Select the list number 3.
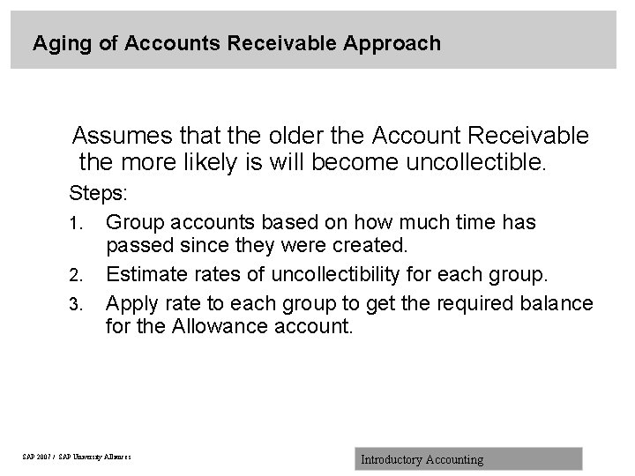77,306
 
